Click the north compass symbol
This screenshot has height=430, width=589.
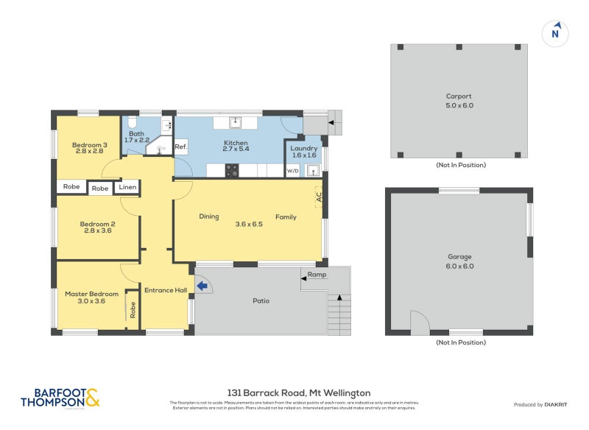point(556,32)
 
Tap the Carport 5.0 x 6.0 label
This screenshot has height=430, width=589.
point(459,101)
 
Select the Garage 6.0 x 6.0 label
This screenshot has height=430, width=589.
point(460,261)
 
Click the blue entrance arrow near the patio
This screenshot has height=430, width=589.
point(201,286)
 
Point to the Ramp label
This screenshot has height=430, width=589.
point(317,275)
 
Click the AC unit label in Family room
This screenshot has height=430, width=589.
point(319,197)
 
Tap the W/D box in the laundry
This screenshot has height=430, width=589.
point(292,171)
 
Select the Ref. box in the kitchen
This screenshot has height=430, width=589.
point(181,147)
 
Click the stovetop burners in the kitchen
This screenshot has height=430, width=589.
point(232,171)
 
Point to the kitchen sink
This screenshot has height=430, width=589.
point(236,122)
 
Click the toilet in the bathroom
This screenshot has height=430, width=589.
point(132,123)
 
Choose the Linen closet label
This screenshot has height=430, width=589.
point(127,187)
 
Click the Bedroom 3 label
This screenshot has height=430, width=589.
point(89,149)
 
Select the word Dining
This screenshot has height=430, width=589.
point(209,216)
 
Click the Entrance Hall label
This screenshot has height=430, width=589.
point(165,290)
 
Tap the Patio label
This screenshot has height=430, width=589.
point(261,300)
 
